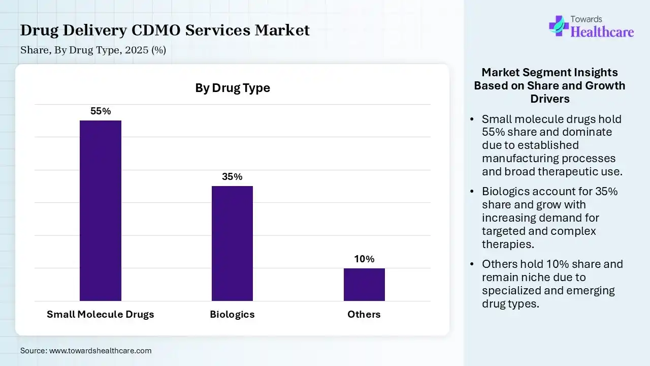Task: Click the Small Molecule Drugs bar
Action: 101,210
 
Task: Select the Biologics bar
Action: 232,243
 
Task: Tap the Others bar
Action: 364,284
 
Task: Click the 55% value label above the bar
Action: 101,111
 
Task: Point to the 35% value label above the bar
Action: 232,177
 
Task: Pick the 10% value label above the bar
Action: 364,259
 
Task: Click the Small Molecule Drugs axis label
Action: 101,314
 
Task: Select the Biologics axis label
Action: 232,314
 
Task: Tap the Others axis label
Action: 364,314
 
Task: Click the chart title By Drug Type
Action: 233,88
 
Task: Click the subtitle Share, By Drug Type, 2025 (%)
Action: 93,50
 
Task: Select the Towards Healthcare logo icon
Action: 559,25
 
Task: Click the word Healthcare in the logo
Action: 602,32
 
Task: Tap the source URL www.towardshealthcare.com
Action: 100,350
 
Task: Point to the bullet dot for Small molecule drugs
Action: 472,119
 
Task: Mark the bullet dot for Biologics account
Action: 472,192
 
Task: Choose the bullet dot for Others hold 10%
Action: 472,264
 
